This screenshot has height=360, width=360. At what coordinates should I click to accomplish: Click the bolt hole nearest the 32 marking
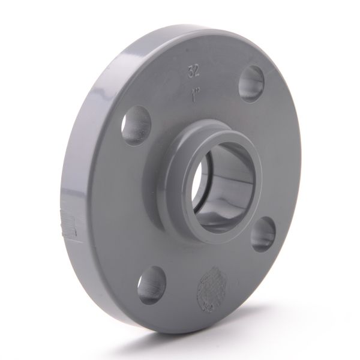(252, 85)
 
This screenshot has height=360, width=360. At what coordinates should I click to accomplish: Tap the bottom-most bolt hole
(151, 285)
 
